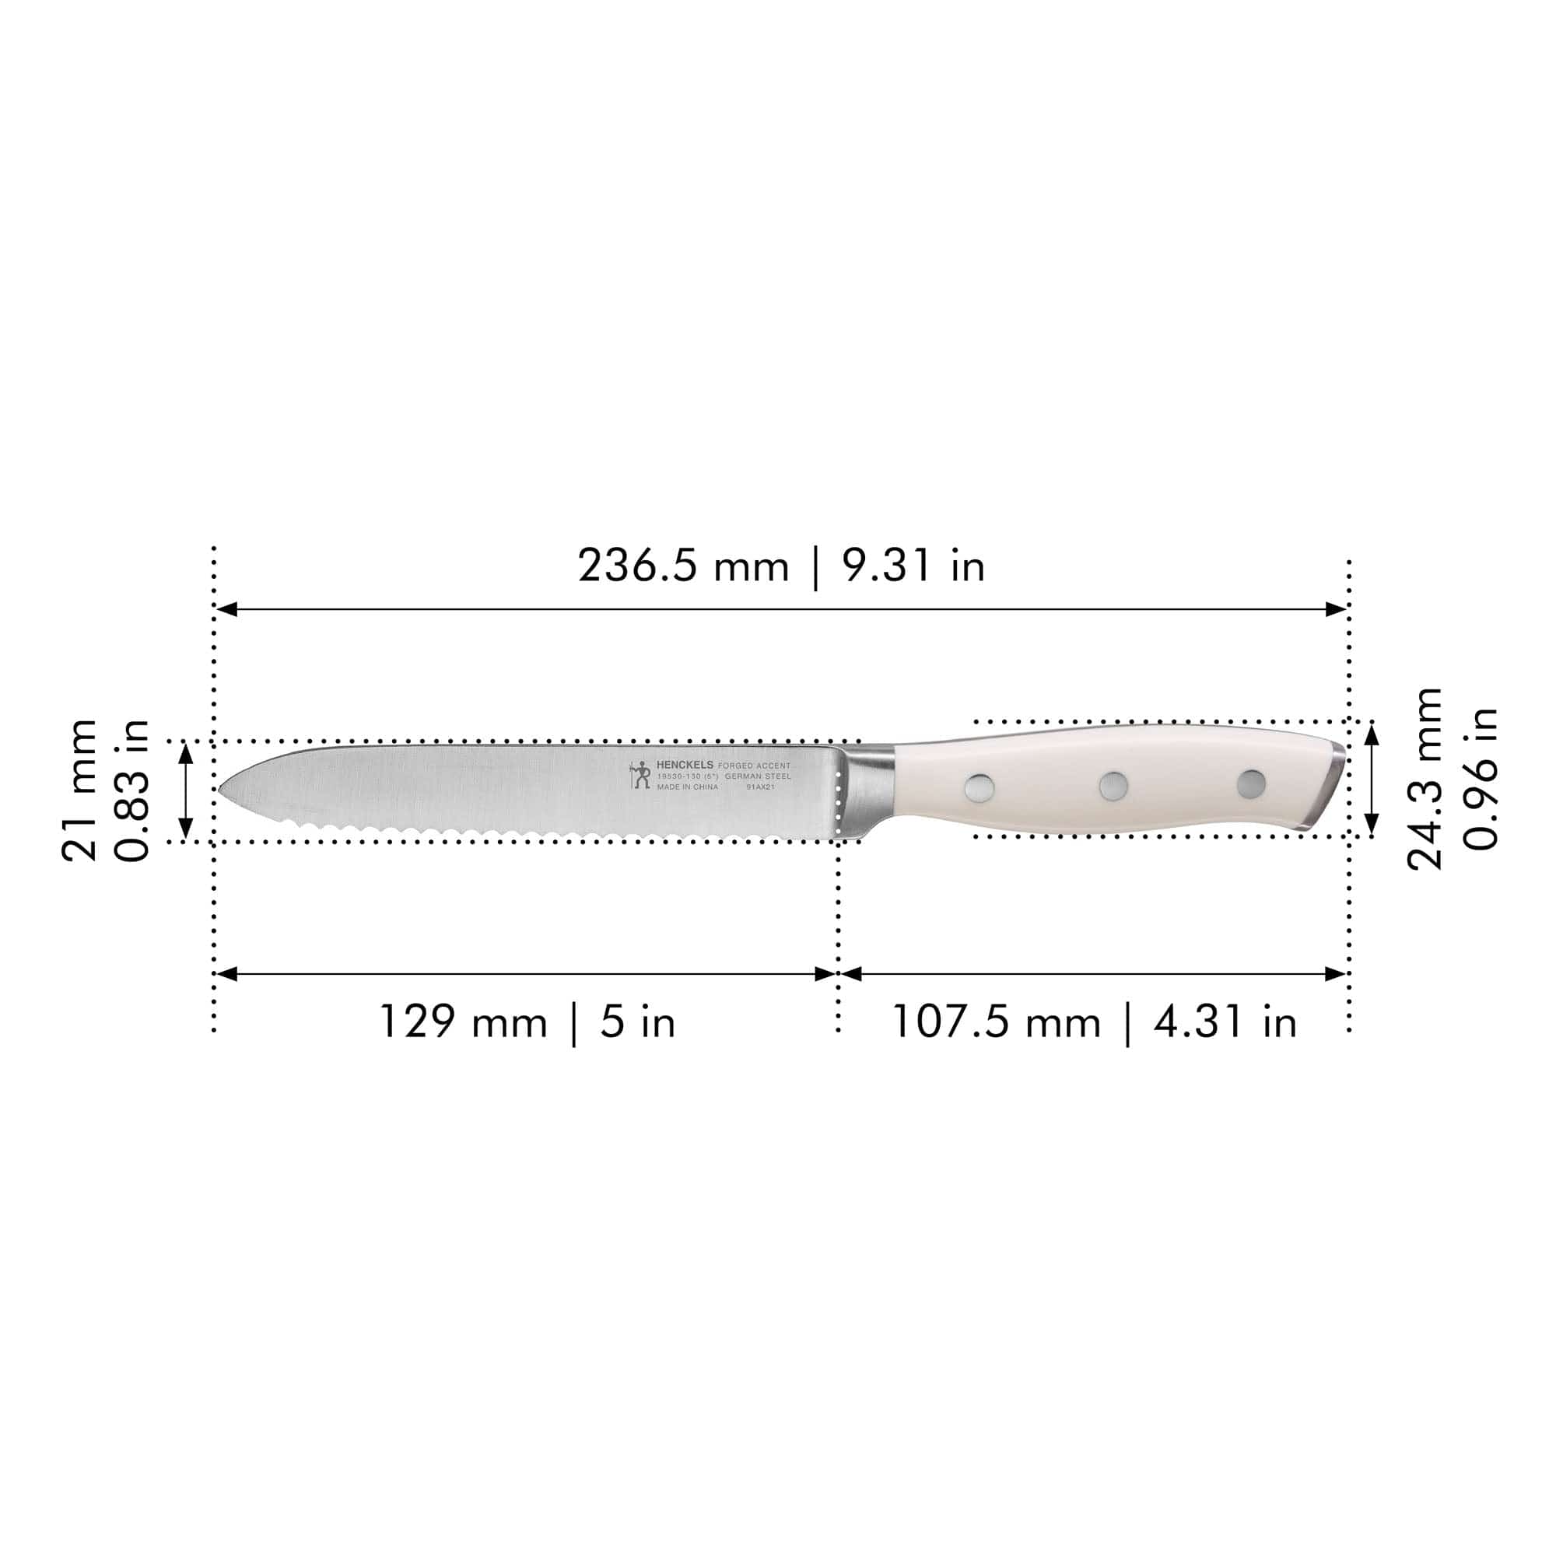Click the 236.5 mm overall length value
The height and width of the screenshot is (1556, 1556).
pos(683,566)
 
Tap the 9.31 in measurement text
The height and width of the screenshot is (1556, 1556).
pos(913,566)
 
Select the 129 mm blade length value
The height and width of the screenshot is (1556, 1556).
pos(462,1022)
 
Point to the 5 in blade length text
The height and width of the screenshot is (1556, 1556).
pos(637,1022)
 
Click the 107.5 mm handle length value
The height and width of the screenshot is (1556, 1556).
pos(997,1022)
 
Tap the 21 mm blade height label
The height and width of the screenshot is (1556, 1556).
pos(81,790)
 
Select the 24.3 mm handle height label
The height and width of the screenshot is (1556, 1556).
pos(1425,779)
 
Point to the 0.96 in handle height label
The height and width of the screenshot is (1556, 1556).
pos(1481,779)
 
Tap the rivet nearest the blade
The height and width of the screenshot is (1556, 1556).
pos(979,787)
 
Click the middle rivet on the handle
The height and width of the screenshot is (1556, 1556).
pos(1114,784)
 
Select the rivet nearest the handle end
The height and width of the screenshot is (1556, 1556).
pos(1251,783)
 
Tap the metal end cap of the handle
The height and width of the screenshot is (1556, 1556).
pos(1329,785)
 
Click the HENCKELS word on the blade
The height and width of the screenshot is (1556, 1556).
pos(685,764)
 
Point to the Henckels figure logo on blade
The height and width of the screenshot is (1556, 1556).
pos(640,775)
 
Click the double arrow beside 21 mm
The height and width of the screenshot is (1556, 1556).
pos(185,790)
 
